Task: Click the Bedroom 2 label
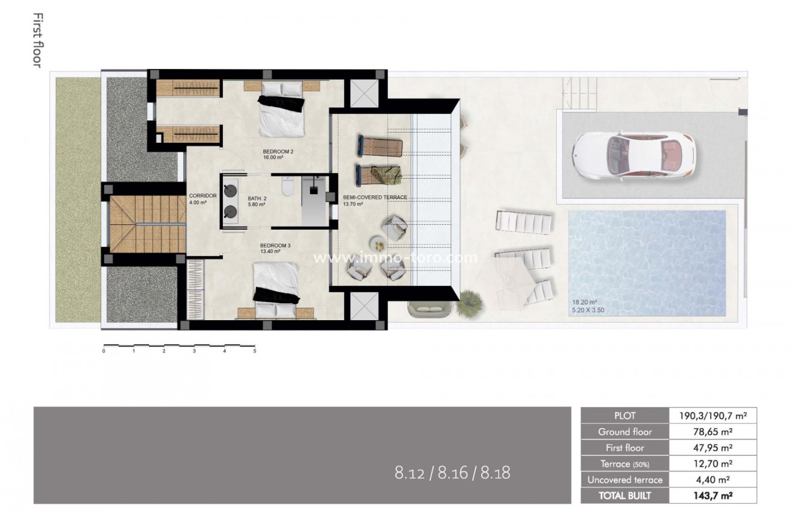(278, 152)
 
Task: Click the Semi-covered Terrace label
(375, 197)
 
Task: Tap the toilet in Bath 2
(286, 188)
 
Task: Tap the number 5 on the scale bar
(255, 351)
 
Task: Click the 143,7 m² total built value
(712, 496)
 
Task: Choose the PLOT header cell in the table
(624, 415)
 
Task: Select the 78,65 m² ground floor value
(712, 432)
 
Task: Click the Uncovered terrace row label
(624, 480)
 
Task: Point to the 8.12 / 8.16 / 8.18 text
(452, 473)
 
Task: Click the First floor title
(37, 40)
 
